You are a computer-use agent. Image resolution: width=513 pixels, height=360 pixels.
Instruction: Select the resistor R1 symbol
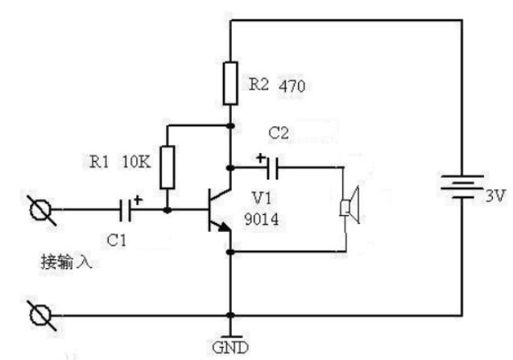[x=168, y=166]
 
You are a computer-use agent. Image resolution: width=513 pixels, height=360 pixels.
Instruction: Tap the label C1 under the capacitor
[x=117, y=238]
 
